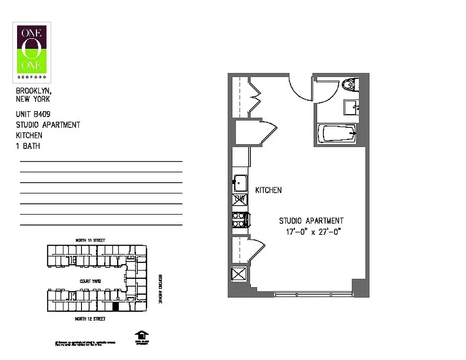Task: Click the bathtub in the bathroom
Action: [337, 133]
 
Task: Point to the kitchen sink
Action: [240, 182]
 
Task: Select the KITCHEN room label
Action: [268, 190]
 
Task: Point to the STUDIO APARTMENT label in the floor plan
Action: [311, 221]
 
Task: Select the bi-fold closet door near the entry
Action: [255, 96]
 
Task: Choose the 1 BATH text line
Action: [28, 146]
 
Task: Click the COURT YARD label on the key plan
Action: [90, 281]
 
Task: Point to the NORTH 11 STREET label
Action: [90, 241]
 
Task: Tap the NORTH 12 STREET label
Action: [90, 319]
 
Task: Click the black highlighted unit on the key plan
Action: [115, 307]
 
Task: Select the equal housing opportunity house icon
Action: [141, 336]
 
